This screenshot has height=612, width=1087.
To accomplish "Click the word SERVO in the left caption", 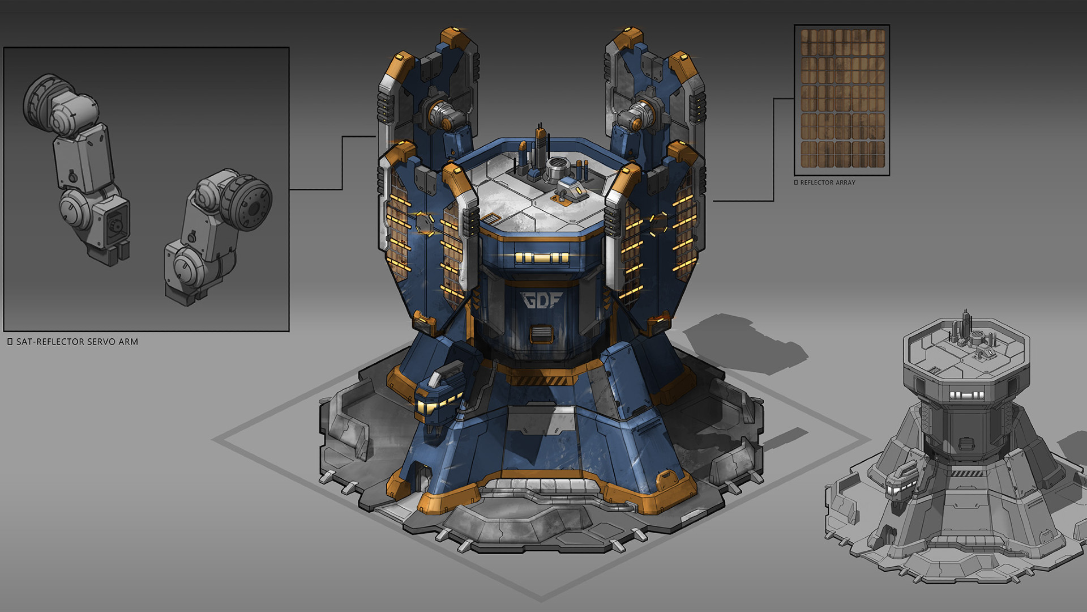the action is tap(95, 342).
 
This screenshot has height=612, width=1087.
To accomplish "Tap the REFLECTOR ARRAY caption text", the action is tap(828, 182).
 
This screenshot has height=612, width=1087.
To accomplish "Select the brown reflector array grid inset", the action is tap(842, 100).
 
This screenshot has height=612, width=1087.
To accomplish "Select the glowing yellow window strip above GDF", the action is tap(541, 258).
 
